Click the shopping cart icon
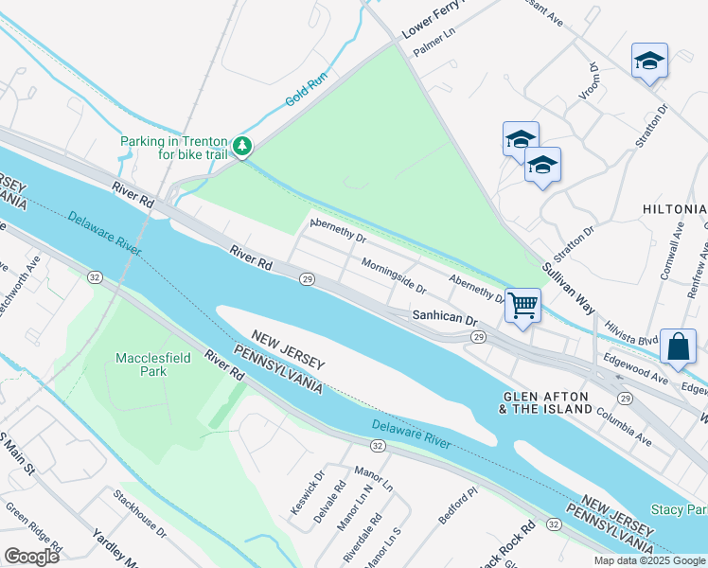522,306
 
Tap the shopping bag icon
679,346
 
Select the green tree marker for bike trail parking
243,146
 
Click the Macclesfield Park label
141,364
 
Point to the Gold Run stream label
307,92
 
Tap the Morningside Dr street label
393,275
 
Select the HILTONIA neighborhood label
674,208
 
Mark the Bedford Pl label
460,509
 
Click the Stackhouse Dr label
139,514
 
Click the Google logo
31,557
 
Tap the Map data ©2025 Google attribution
648,560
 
